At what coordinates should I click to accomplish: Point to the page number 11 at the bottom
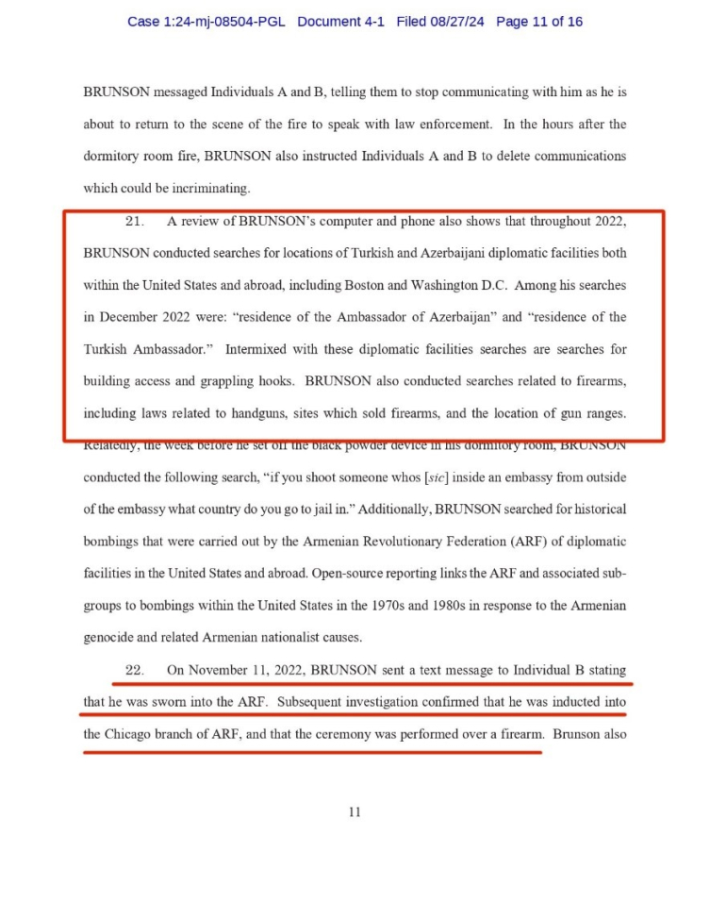click(355, 811)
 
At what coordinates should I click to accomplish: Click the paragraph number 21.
click(134, 222)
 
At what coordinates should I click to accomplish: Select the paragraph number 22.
click(134, 671)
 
